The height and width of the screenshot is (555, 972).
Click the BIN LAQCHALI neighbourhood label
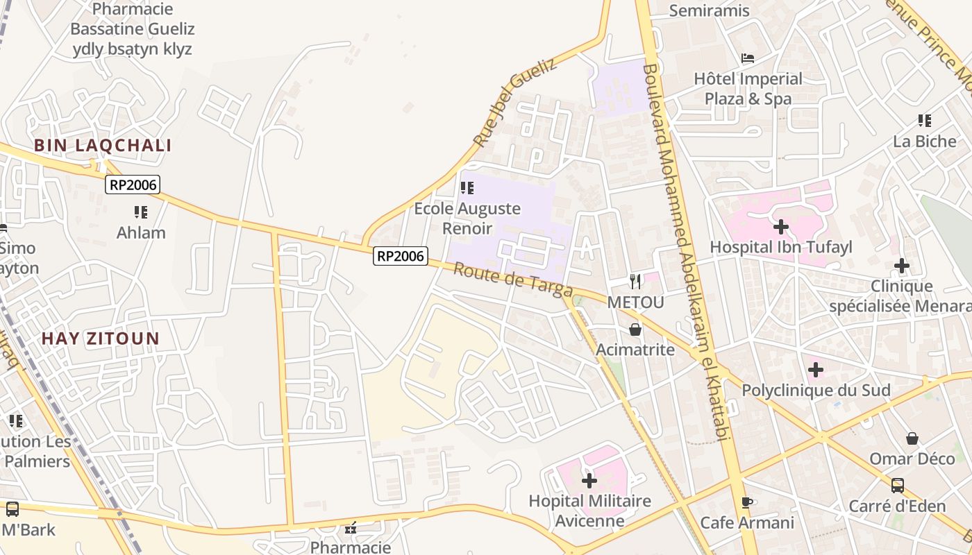tap(103, 146)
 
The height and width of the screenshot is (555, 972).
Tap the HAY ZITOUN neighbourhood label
tap(101, 339)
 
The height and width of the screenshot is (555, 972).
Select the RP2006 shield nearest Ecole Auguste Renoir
tap(400, 256)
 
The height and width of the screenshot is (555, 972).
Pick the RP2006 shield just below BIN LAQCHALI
tap(133, 185)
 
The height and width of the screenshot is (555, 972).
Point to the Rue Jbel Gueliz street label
tap(514, 103)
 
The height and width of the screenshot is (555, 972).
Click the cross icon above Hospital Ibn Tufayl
tap(781, 226)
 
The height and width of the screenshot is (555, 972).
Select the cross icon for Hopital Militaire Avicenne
tap(589, 480)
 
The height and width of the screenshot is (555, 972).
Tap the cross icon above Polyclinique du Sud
tap(816, 370)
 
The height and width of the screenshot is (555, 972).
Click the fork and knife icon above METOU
tap(635, 282)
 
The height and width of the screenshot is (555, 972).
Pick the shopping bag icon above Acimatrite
tap(635, 330)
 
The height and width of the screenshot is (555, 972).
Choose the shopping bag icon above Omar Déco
tap(912, 438)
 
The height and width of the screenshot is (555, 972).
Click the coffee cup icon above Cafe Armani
tap(747, 502)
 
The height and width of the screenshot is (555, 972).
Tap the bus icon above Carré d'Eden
tap(898, 485)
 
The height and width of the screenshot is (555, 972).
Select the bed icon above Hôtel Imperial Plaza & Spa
tap(748, 58)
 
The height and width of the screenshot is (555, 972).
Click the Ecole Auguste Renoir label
tap(467, 218)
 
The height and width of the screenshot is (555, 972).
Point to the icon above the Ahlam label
tap(141, 212)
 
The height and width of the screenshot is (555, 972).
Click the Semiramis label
tap(710, 10)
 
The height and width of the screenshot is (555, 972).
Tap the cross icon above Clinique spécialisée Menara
tap(902, 265)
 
